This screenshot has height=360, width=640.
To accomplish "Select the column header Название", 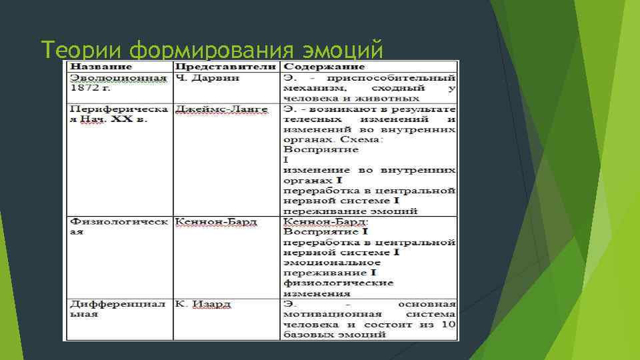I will [x=101, y=67].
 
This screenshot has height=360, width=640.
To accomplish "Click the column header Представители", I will [x=225, y=67].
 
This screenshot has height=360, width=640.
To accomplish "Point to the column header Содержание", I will [x=324, y=67].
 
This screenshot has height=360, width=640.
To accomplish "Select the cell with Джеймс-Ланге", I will [x=221, y=109].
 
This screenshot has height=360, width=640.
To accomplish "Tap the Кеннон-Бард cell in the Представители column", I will [x=216, y=221].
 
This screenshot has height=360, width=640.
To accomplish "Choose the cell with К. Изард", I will [x=203, y=304].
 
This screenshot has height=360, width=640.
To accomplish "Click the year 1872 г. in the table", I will [x=89, y=87].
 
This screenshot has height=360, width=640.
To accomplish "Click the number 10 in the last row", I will [x=449, y=324].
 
